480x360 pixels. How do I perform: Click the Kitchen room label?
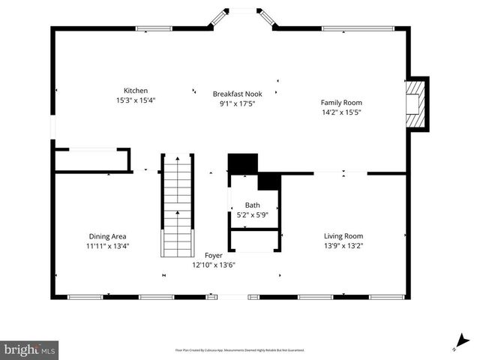tap(136, 91)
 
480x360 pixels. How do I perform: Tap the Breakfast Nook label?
tap(237, 94)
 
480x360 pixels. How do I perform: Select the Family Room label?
tap(341, 102)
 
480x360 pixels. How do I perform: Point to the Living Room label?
tap(343, 235)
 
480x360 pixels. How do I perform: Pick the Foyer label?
tap(214, 256)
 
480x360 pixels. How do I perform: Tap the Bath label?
tap(252, 205)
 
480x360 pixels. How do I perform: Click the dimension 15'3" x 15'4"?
tap(136, 100)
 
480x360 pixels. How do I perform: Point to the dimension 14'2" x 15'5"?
tap(341, 112)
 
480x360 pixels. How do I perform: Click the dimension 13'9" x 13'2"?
tap(343, 245)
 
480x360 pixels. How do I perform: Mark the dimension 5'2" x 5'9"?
tap(252, 214)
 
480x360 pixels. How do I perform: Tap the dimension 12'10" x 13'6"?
tap(214, 265)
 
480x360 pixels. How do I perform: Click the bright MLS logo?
tap(30, 349)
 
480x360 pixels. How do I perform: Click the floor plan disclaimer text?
tap(240, 349)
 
